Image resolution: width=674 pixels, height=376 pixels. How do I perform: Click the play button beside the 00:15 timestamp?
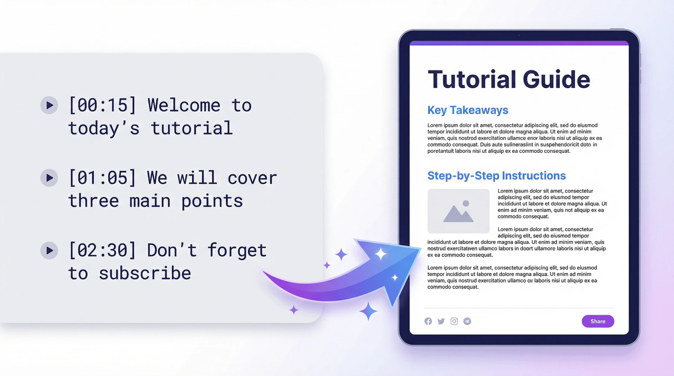[49, 105]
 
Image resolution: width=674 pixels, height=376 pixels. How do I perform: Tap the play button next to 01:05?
[49, 178]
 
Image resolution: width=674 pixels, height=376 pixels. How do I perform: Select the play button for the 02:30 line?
[49, 250]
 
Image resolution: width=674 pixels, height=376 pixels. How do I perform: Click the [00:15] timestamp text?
[102, 105]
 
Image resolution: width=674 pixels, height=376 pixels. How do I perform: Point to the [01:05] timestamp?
[102, 178]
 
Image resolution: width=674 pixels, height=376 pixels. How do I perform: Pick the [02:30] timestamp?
[102, 250]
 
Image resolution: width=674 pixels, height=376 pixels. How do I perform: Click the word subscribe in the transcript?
[145, 273]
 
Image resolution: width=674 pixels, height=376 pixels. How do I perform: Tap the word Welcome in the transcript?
[184, 105]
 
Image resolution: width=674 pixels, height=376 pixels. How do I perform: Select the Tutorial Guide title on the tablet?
[509, 79]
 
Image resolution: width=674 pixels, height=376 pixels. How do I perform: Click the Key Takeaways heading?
[468, 110]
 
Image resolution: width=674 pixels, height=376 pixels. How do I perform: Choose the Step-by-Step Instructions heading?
[496, 175]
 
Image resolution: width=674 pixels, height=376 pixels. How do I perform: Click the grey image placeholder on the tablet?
[458, 211]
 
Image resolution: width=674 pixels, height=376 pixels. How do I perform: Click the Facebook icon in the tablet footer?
[428, 321]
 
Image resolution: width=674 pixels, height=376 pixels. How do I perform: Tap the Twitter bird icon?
[441, 321]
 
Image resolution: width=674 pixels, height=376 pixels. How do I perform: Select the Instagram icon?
[454, 321]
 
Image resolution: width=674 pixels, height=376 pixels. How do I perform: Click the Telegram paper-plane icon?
[467, 321]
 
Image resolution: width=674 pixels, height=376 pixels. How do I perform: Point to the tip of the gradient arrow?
[420, 249]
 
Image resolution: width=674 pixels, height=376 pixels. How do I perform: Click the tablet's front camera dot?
[519, 35]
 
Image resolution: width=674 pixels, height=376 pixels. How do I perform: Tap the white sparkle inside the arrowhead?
[381, 254]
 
